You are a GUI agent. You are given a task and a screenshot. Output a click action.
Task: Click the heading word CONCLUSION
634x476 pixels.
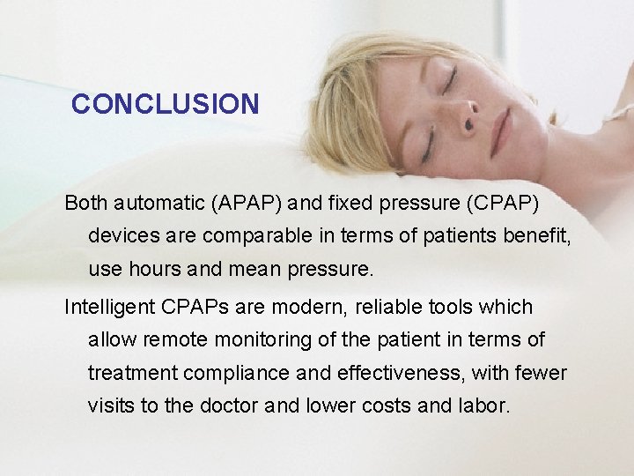pyautogui.click(x=165, y=104)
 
